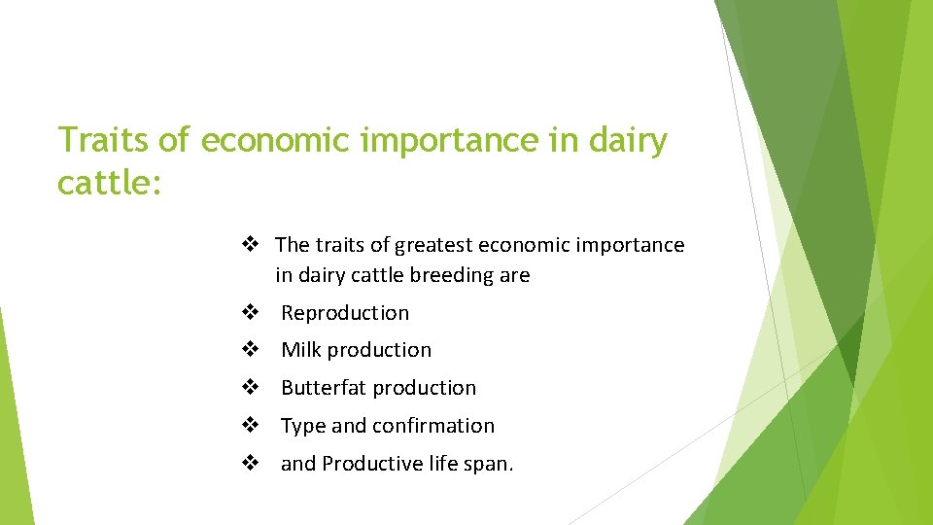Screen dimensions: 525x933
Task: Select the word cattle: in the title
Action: (109, 182)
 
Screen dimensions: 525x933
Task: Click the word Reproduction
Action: (345, 313)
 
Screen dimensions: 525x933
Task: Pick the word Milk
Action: (301, 350)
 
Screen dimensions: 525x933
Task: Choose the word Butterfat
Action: (325, 388)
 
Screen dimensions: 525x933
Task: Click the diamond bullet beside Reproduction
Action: (250, 313)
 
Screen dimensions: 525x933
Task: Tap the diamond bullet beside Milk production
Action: (250, 350)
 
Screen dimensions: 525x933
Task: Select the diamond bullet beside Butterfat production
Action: (250, 388)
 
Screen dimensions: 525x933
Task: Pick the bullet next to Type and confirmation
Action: (250, 426)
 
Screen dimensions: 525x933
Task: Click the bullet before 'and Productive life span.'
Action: (250, 464)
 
